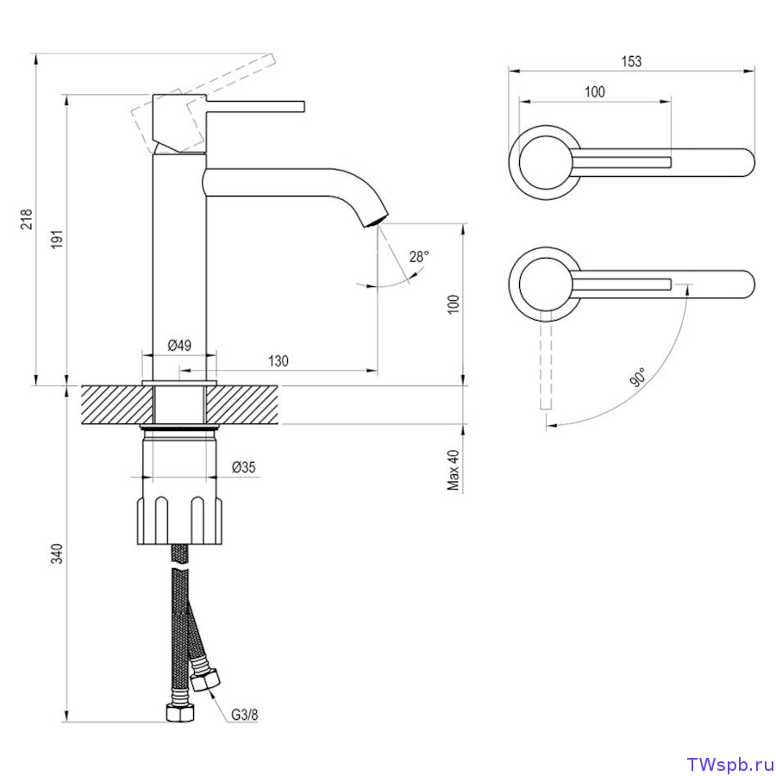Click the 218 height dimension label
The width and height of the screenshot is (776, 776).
point(27,219)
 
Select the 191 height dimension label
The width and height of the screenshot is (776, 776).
point(58,239)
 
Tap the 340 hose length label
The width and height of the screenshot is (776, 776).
point(58,554)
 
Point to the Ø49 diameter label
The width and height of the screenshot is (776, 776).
point(179,345)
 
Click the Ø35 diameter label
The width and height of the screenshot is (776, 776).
point(243,466)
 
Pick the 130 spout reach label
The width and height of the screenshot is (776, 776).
point(278,360)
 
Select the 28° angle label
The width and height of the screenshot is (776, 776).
point(419,256)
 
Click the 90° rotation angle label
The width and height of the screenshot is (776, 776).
point(638,377)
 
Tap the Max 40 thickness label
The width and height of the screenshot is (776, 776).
point(454,470)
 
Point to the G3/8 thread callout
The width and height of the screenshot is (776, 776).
point(245,715)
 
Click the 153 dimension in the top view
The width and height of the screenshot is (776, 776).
point(631,61)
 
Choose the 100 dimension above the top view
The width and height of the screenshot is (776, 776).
point(595,91)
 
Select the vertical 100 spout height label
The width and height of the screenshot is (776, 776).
point(454,304)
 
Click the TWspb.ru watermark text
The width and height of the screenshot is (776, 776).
point(730,764)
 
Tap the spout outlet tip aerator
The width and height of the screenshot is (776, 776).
point(376,220)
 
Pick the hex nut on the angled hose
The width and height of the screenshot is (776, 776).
point(205,679)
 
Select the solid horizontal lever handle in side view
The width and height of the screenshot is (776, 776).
point(255,106)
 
